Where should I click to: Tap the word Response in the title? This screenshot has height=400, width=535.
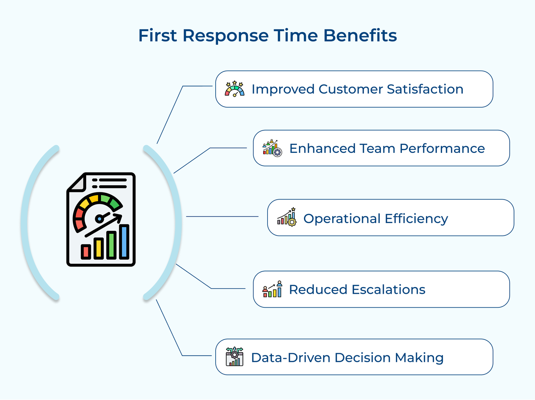225,36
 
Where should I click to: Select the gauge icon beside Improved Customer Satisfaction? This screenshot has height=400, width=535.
234,89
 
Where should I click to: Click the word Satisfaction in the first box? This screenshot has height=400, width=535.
425,89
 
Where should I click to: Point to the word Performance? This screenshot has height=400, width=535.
442,148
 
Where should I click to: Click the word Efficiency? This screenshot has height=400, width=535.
416,219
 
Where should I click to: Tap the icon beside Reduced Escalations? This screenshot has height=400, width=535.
272,289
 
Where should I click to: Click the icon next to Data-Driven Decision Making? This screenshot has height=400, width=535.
234,357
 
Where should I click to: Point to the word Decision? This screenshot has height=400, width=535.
362,358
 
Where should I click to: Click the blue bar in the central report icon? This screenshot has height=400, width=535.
124,242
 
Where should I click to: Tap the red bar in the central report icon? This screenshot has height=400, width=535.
86,252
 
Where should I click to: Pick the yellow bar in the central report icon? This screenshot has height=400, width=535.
98,248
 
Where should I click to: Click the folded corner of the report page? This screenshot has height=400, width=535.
77,184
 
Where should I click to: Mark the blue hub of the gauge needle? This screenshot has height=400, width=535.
99,219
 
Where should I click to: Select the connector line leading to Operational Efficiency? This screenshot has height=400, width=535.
222,217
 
